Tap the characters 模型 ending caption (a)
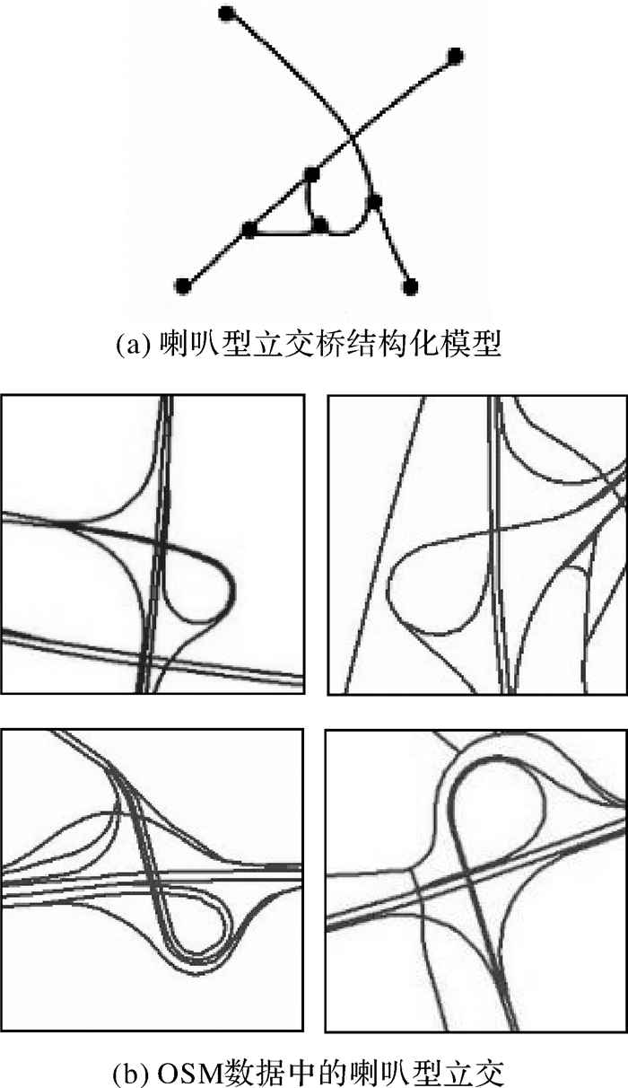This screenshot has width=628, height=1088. [x=470, y=346]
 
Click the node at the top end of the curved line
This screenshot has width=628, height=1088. [x=226, y=13]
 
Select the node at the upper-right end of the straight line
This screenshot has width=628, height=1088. [x=454, y=56]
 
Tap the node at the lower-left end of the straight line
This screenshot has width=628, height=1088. [x=182, y=286]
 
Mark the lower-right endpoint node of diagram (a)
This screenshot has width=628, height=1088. [x=411, y=286]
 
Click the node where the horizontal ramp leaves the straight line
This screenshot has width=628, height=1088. [x=249, y=229]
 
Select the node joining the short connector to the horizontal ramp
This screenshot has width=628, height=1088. [x=320, y=224]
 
